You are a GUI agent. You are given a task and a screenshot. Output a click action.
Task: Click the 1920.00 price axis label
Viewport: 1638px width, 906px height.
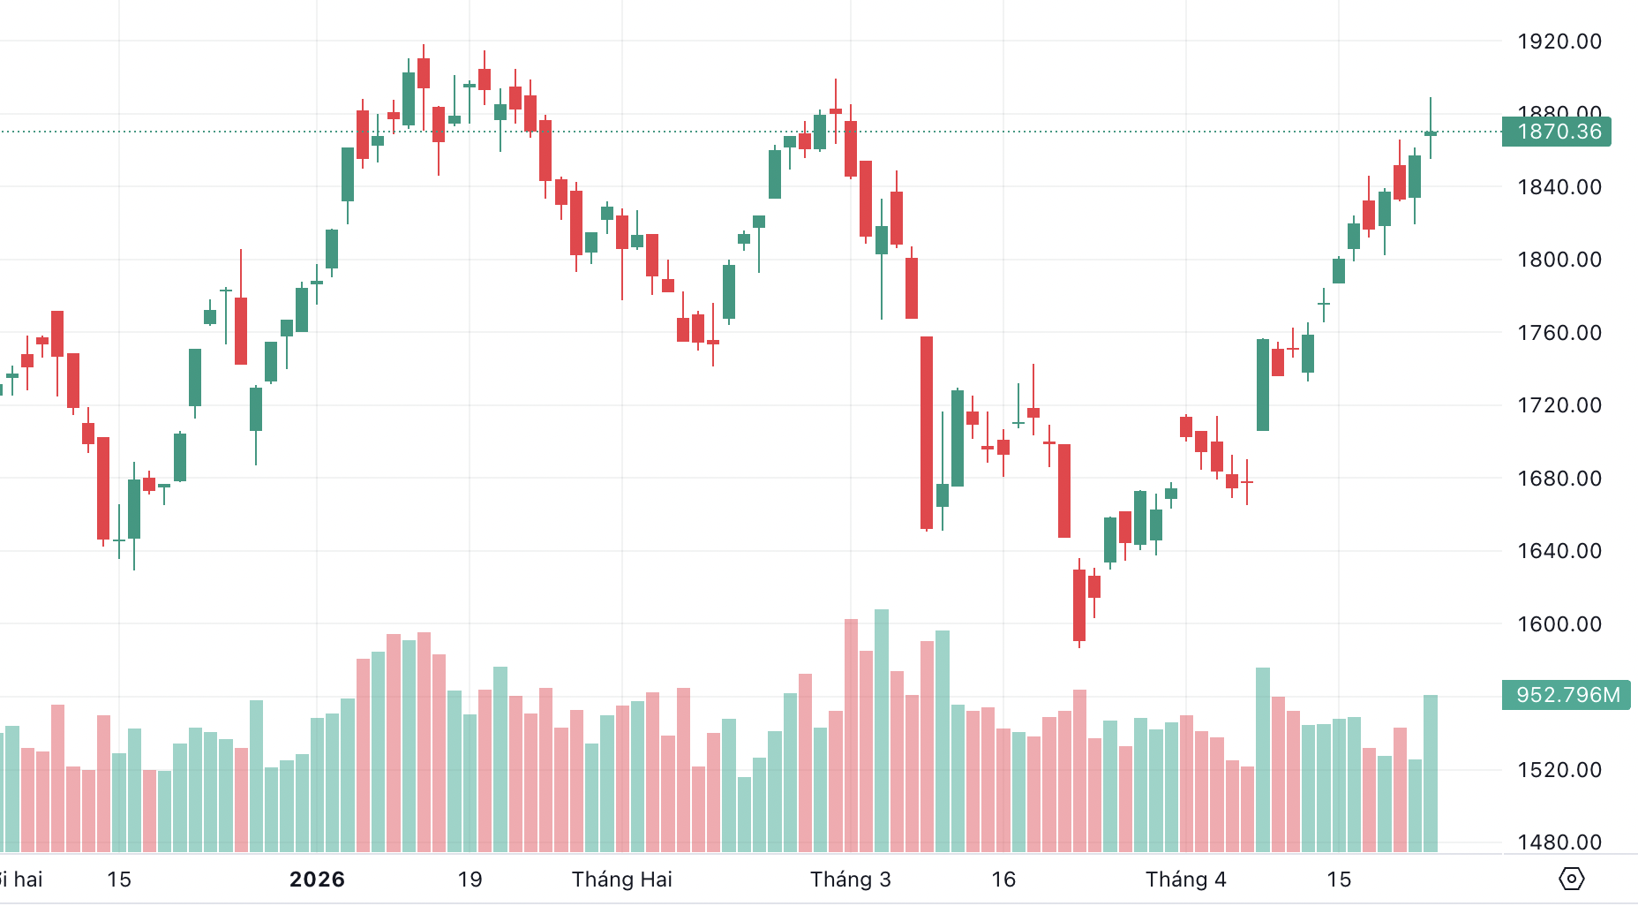tap(1559, 42)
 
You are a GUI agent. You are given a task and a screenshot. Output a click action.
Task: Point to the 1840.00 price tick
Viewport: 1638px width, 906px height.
tap(1559, 187)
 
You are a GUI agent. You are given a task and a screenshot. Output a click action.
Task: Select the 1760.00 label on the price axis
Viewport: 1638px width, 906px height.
tap(1559, 333)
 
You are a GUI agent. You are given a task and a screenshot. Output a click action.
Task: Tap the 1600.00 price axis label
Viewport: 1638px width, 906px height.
tap(1559, 624)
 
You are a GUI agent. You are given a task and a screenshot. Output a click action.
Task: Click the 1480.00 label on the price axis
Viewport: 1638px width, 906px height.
tap(1559, 842)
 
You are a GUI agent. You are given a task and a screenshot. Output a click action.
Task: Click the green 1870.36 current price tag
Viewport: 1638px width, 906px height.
tap(1558, 132)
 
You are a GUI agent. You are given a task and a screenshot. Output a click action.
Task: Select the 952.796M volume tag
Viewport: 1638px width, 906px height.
tap(1567, 695)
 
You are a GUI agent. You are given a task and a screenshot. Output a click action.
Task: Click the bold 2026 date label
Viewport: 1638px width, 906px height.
tap(317, 880)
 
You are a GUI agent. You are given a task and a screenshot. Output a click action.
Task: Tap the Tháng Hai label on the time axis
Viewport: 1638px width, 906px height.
tap(621, 880)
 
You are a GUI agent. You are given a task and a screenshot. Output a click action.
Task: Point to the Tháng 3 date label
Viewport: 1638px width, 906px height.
tap(850, 880)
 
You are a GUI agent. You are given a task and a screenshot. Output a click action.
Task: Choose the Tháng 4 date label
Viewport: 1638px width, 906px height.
tap(1185, 880)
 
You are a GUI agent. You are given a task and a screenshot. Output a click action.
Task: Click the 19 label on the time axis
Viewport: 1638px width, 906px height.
tap(470, 880)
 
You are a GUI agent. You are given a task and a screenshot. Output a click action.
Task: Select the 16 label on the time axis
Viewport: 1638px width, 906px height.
tap(1003, 880)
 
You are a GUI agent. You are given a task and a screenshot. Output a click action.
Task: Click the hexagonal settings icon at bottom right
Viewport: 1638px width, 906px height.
tap(1572, 880)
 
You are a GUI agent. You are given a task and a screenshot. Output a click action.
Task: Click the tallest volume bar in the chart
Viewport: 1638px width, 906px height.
tap(882, 731)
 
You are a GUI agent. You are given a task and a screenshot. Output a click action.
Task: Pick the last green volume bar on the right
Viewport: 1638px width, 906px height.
tap(1431, 774)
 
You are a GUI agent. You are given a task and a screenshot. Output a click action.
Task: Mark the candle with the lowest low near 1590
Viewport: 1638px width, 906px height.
tap(1079, 605)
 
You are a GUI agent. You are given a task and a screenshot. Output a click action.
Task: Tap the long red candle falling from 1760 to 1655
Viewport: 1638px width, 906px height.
tap(927, 433)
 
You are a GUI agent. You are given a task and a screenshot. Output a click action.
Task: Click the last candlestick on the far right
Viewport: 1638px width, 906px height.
tap(1431, 133)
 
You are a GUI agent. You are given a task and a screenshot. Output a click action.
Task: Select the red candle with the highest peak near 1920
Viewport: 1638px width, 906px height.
tap(424, 73)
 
